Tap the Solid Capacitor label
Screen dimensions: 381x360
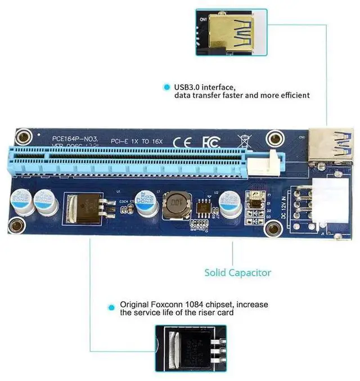pos(237,272)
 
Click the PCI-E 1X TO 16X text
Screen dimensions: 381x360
pos(137,141)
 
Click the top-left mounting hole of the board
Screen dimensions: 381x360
pos(23,136)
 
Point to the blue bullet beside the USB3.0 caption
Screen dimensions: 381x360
pos(166,87)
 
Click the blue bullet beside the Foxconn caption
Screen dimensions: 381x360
pos(112,307)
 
